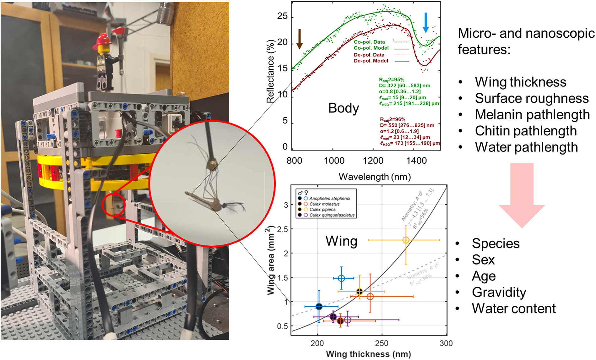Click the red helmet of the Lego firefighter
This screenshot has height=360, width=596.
click(x=104, y=40)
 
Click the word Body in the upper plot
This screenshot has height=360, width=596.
click(x=344, y=108)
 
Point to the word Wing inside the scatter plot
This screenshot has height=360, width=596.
click(x=341, y=241)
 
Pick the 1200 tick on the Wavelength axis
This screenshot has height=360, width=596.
click(x=373, y=161)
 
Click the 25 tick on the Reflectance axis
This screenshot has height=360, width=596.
click(x=282, y=16)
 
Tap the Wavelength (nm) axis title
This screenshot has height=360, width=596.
click(x=375, y=177)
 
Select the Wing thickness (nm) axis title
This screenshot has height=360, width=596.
click(x=368, y=354)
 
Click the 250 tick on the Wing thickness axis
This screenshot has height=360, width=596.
click(x=382, y=343)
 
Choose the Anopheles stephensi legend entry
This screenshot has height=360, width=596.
click(x=329, y=199)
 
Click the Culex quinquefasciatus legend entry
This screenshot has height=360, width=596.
click(x=332, y=215)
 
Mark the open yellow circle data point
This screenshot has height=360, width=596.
click(x=406, y=240)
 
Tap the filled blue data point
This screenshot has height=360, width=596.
click(x=319, y=306)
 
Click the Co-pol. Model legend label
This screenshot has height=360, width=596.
click(x=371, y=48)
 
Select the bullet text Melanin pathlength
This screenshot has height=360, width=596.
click(x=532, y=115)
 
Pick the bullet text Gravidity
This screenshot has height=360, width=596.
click(x=499, y=292)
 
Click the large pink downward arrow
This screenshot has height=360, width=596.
click(x=522, y=195)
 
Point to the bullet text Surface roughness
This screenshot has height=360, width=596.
click(x=532, y=98)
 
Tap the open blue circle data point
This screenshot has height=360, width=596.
click(x=341, y=278)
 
